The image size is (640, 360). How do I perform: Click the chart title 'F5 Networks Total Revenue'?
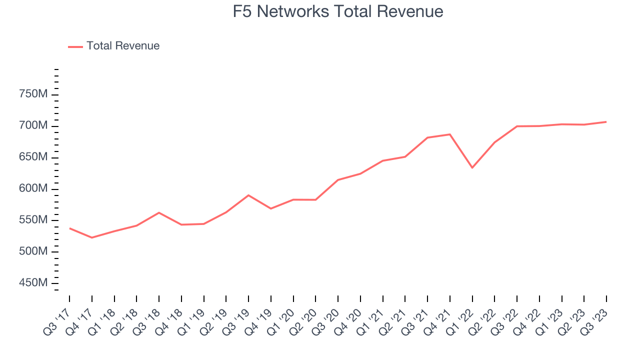pos(338,11)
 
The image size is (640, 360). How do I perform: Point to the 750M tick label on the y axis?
pos(34,94)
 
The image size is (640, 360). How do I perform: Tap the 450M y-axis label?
pos(34,283)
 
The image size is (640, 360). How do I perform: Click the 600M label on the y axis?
pos(34,189)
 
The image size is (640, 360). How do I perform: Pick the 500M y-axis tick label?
pos(34,252)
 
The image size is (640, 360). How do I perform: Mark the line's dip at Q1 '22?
pos(472,167)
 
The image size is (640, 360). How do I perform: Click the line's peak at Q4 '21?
pos(450,134)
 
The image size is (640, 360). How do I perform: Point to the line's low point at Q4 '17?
pos(92,237)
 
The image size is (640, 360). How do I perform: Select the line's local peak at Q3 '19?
pos(248,195)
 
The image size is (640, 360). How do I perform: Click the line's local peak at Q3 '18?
pos(159,212)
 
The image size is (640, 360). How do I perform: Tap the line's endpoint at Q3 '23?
pos(606,121)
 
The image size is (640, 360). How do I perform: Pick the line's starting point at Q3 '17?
pos(69,228)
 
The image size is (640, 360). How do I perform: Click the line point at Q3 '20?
pos(338,180)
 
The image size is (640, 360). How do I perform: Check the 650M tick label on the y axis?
pos(34,157)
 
